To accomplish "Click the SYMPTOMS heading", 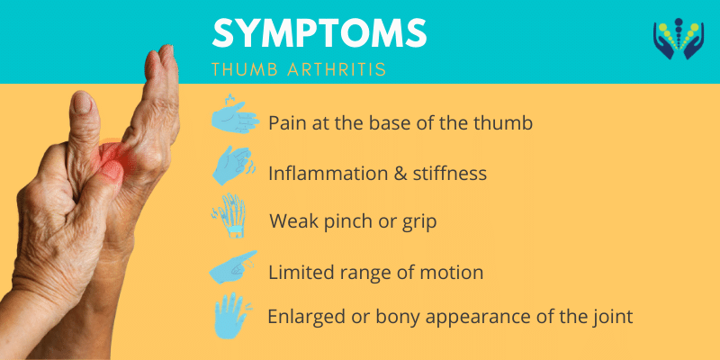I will pos(319,33).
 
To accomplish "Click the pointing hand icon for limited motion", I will pos(232,268).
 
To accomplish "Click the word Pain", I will pos(287,122).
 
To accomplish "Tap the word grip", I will pos(419,222).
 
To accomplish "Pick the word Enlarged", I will pos(304,317).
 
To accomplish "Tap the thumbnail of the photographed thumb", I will pos(82,104).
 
